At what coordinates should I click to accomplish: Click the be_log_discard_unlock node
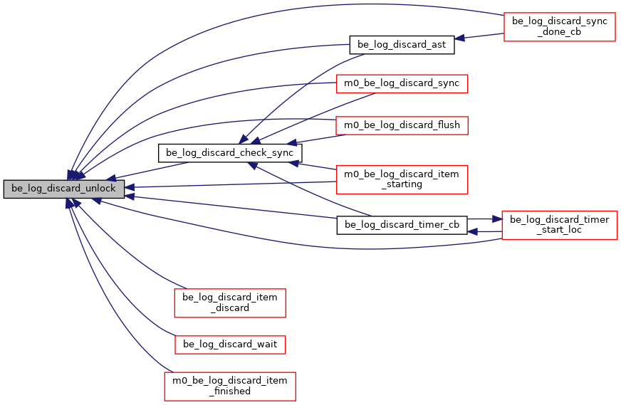pyautogui.click(x=64, y=189)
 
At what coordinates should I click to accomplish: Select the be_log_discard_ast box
pyautogui.click(x=401, y=45)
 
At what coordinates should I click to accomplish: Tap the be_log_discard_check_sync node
pyautogui.click(x=230, y=152)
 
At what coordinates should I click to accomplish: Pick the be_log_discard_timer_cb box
pyautogui.click(x=402, y=226)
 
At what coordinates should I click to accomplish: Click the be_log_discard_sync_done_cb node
pyautogui.click(x=559, y=27)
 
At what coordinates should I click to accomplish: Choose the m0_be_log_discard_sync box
pyautogui.click(x=401, y=83)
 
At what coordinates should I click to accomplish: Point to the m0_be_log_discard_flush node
pyautogui.click(x=401, y=125)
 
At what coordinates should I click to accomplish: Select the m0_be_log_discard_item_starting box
pyautogui.click(x=401, y=179)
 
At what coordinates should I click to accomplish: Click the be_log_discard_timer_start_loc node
pyautogui.click(x=559, y=225)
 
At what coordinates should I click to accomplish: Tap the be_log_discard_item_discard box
pyautogui.click(x=230, y=303)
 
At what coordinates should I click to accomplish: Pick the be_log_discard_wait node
pyautogui.click(x=230, y=344)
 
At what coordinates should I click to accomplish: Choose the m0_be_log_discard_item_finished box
pyautogui.click(x=230, y=386)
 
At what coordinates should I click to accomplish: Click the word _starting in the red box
pyautogui.click(x=402, y=184)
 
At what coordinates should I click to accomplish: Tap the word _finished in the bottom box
pyautogui.click(x=230, y=391)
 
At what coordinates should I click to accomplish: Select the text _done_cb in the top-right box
pyautogui.click(x=560, y=33)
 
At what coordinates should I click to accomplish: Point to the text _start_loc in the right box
pyautogui.click(x=560, y=231)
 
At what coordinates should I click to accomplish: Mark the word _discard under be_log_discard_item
pyautogui.click(x=230, y=308)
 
